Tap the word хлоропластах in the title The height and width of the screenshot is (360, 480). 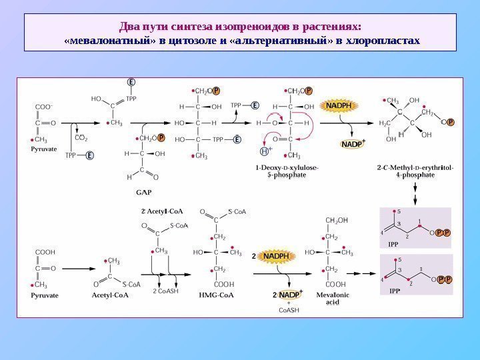coord(385,41)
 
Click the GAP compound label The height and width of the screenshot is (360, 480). coord(143,192)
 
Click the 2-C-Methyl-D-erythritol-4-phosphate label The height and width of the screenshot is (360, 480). coord(406,171)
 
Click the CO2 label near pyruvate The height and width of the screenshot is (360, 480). coord(81,138)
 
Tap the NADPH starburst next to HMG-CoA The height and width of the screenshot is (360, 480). coord(274,256)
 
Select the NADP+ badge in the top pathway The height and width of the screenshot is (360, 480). coord(354,143)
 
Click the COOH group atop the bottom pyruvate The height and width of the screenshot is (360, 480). coord(45,252)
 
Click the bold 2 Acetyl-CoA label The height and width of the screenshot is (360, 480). coord(161,211)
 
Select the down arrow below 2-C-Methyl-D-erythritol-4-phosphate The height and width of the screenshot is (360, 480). coord(415,192)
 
